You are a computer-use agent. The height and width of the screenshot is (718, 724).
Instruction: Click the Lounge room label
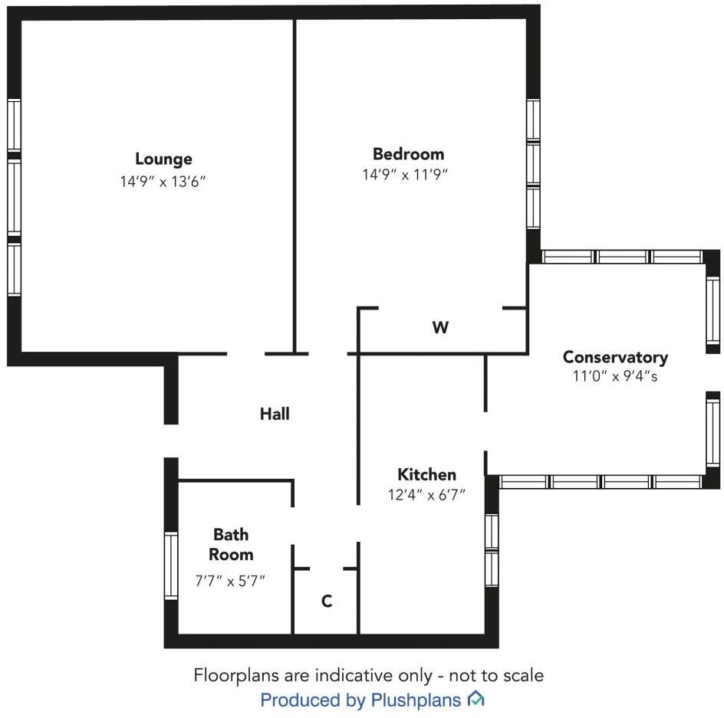[163, 159]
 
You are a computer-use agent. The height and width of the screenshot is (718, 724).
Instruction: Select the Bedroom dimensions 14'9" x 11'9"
[404, 175]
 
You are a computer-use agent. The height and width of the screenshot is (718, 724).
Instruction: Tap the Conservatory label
[615, 357]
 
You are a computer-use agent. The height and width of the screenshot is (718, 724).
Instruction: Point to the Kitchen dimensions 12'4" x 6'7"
[426, 495]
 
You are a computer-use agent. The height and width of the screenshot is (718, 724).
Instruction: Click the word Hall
[275, 414]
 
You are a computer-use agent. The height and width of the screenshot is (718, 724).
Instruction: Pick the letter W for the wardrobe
[439, 328]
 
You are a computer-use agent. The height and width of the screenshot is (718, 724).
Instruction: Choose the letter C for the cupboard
[327, 602]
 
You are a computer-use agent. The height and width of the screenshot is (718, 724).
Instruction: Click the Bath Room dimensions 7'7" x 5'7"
[230, 580]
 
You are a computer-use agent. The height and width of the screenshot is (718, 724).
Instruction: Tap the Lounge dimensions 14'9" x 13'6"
[163, 182]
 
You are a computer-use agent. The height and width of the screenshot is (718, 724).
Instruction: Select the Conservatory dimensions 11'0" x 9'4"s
[615, 377]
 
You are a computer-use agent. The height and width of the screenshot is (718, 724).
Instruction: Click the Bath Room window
[171, 566]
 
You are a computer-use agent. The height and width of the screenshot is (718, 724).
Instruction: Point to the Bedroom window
[534, 165]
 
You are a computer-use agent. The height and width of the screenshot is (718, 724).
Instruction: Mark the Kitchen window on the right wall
[492, 550]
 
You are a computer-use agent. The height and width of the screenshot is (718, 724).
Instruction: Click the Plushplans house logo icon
[476, 699]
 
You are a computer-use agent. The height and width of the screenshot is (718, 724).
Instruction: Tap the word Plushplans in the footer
[416, 700]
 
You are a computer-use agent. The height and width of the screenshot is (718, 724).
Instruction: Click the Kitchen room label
[426, 474]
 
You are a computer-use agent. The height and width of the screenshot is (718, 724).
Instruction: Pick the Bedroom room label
[408, 153]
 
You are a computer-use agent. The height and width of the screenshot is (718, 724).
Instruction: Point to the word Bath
[231, 534]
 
